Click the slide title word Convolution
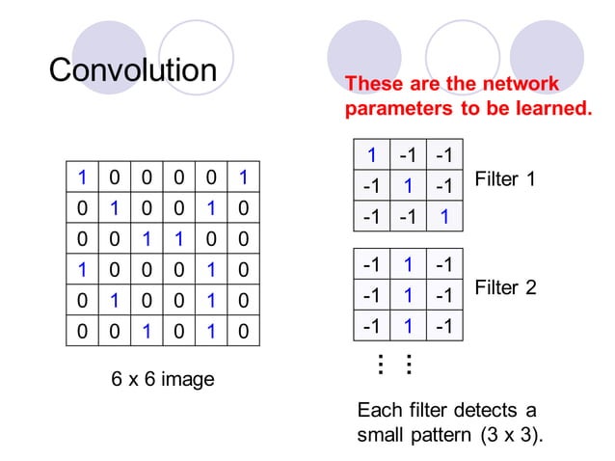pos(133,70)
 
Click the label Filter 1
pos(505,179)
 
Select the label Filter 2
pos(505,287)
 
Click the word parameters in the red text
pos(399,109)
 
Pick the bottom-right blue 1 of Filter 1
pos(443,217)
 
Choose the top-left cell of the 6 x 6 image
pos(83,176)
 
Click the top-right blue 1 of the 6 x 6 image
pos(244,176)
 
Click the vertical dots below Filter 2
pos(393,365)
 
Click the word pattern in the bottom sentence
pos(438,435)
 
